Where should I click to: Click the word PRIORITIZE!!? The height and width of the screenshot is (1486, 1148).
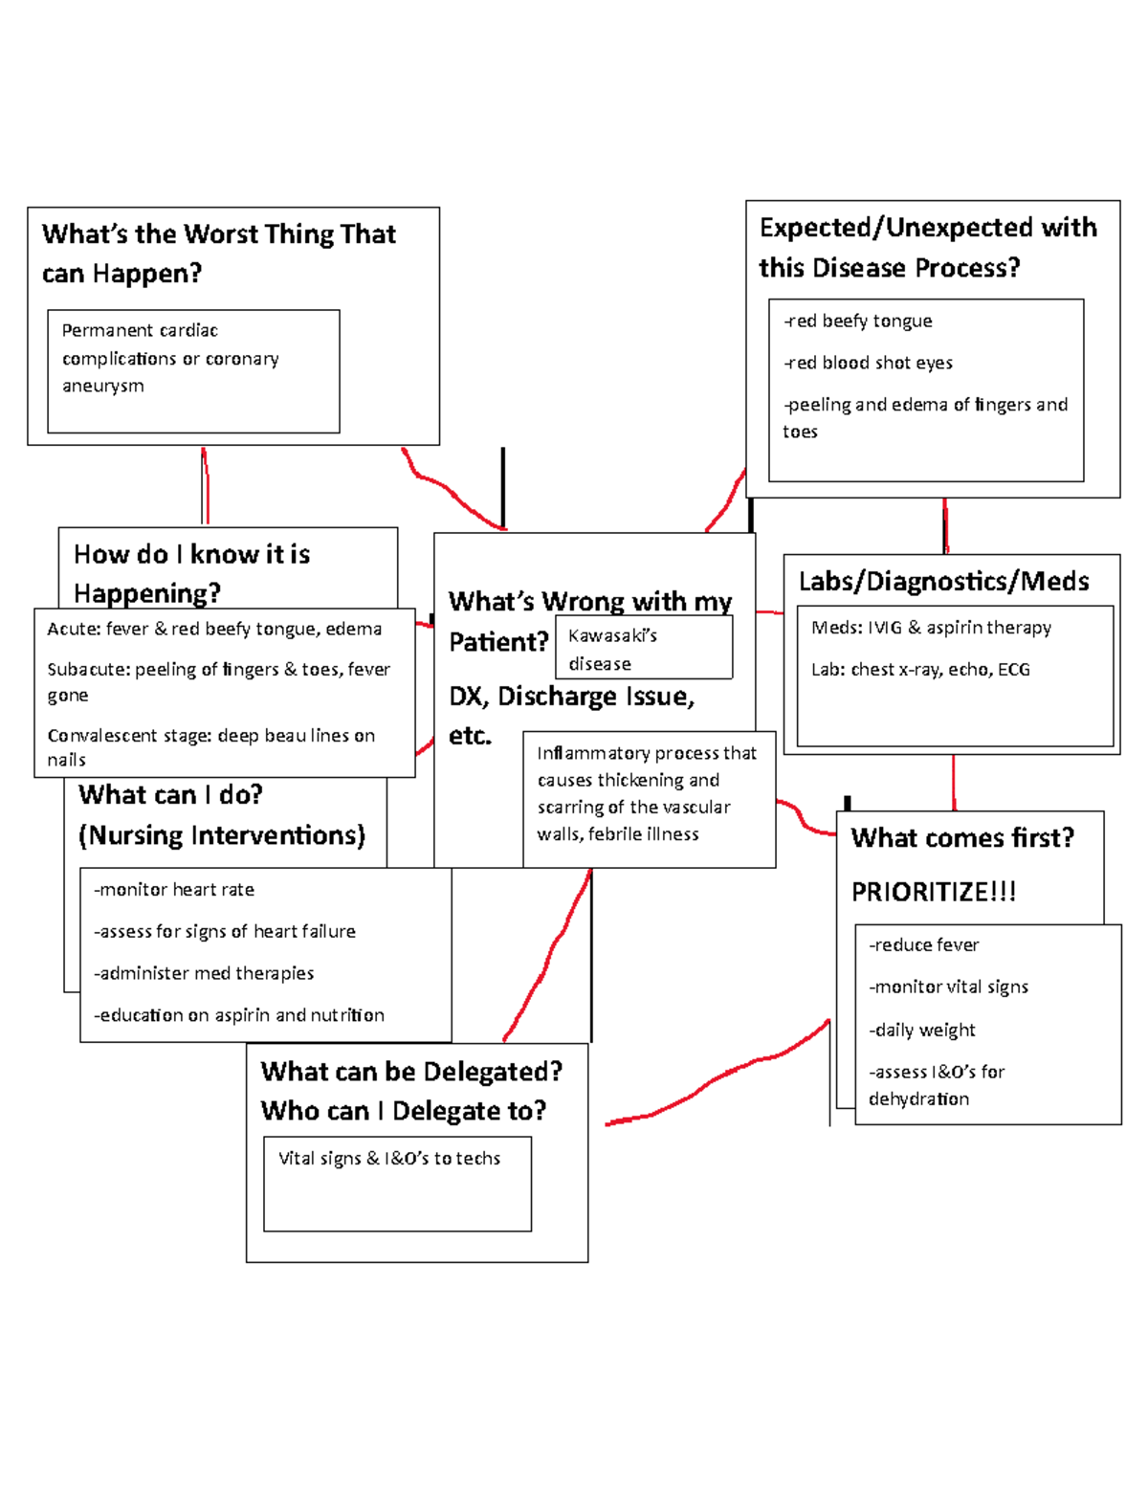click(933, 892)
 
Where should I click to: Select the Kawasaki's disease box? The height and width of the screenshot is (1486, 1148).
click(643, 649)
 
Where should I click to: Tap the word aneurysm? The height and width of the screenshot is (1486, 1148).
click(103, 386)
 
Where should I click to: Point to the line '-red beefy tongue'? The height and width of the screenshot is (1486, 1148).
click(858, 321)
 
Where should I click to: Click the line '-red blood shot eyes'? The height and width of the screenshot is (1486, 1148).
click(869, 363)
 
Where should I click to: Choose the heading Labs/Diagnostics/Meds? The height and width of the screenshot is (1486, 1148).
click(943, 581)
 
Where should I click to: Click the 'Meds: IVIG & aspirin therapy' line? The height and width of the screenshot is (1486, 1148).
click(931, 628)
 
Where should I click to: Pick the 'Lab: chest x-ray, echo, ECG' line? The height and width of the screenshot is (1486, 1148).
click(920, 670)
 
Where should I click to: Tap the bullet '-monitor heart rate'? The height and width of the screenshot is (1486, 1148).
click(174, 890)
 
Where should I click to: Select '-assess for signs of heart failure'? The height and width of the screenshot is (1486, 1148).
click(225, 931)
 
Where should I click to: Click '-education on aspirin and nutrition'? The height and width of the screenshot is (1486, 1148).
click(239, 1015)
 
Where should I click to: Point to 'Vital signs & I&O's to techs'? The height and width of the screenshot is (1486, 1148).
click(389, 1159)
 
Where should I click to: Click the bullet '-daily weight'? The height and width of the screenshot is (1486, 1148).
click(922, 1031)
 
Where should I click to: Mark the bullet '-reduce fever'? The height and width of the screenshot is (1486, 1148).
click(924, 945)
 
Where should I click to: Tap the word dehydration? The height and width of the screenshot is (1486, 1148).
click(918, 1099)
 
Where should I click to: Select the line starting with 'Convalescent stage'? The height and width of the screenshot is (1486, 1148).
click(210, 736)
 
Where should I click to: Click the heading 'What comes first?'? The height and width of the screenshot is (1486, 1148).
click(962, 838)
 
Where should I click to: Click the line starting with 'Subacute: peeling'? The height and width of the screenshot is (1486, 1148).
click(218, 670)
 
